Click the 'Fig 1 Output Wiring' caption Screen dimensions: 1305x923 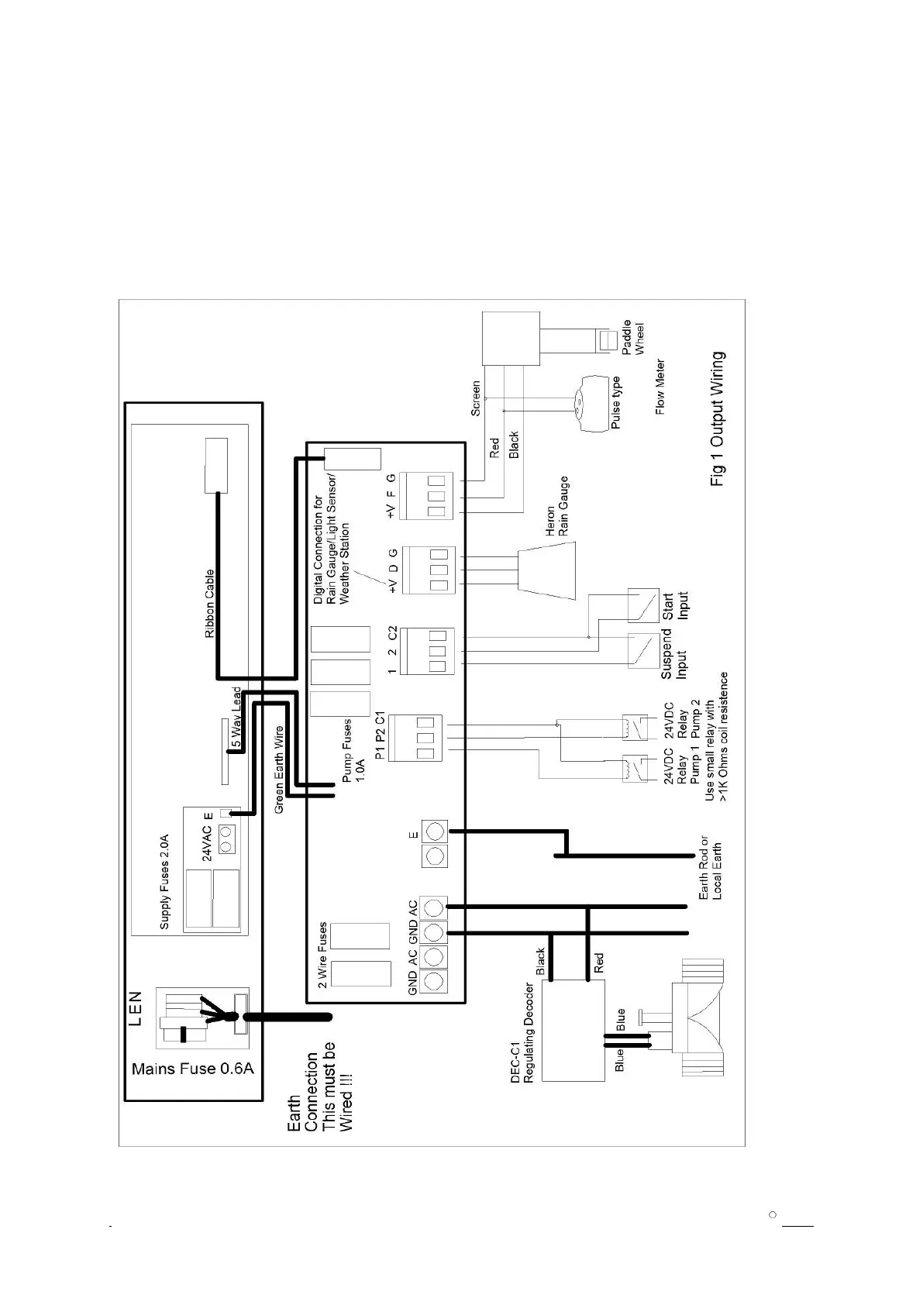click(x=718, y=419)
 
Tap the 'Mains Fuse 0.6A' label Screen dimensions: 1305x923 click(x=192, y=1069)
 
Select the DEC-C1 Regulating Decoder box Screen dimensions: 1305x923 click(x=572, y=1031)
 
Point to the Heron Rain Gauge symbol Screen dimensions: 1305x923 click(x=546, y=571)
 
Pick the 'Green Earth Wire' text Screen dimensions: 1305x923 click(x=279, y=770)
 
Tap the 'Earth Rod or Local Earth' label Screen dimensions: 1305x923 click(x=710, y=867)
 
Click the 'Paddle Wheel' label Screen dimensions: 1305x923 click(x=632, y=339)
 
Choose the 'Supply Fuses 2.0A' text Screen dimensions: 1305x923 click(x=165, y=882)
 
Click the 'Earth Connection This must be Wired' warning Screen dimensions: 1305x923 click(x=323, y=1090)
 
